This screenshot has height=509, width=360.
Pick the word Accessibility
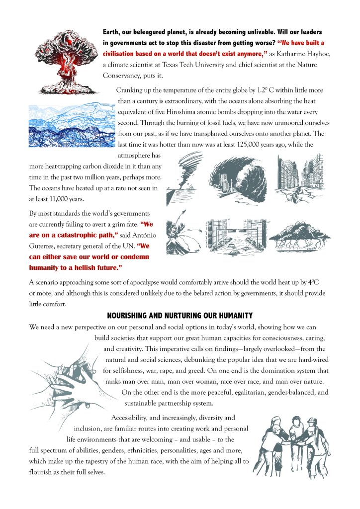132,418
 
